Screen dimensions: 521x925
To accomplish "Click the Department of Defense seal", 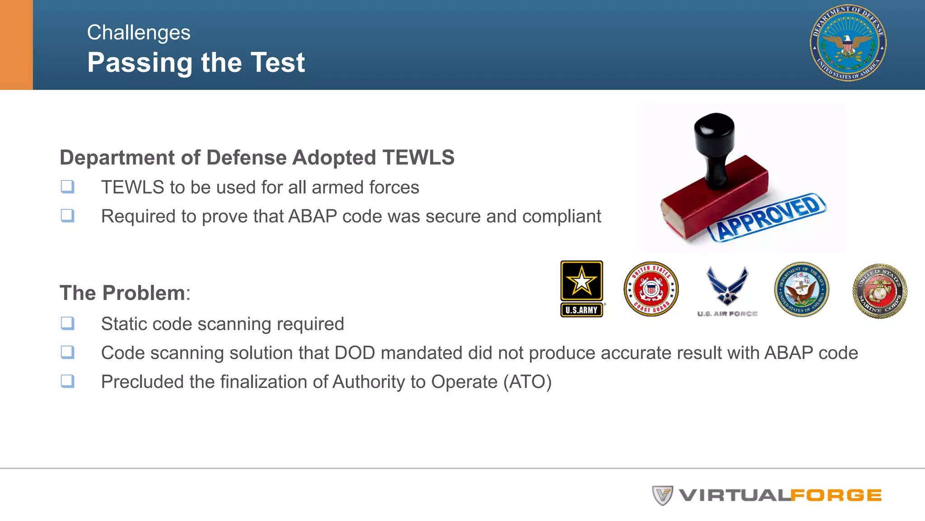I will tap(848, 43).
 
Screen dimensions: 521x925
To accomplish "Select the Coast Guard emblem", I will tap(651, 289).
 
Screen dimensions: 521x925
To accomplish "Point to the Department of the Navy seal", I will tap(802, 289).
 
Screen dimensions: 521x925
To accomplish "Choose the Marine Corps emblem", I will tap(879, 291).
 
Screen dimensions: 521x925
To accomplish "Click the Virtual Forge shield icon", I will tap(662, 495).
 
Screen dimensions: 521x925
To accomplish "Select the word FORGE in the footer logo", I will tap(836, 496).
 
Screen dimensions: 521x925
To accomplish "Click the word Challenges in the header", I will tap(139, 33).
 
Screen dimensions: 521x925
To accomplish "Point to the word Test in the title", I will tap(278, 62).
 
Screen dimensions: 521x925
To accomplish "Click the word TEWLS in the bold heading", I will tap(418, 157).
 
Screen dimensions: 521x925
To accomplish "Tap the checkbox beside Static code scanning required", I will tap(68, 323).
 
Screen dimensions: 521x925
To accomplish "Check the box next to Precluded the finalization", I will tap(68, 381).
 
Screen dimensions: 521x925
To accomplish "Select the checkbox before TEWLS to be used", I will tap(68, 186).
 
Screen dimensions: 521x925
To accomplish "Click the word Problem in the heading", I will tap(144, 293).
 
